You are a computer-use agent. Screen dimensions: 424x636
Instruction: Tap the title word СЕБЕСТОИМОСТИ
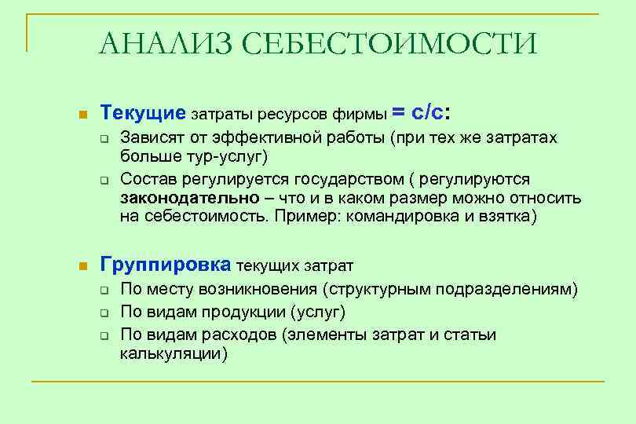click(396, 44)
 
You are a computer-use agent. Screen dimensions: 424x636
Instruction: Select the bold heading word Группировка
click(166, 264)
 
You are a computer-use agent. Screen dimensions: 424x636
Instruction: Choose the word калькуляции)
click(174, 353)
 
